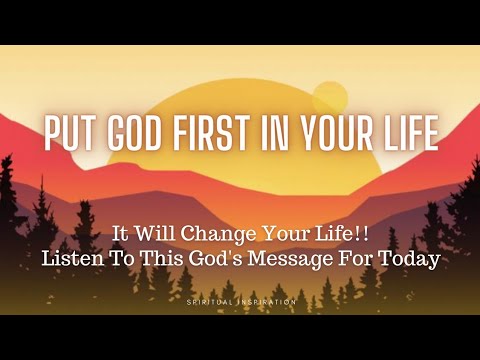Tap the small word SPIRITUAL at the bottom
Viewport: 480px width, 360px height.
point(210,300)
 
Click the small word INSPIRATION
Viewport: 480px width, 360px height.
point(268,300)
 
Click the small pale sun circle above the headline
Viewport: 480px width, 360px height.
point(329,98)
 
